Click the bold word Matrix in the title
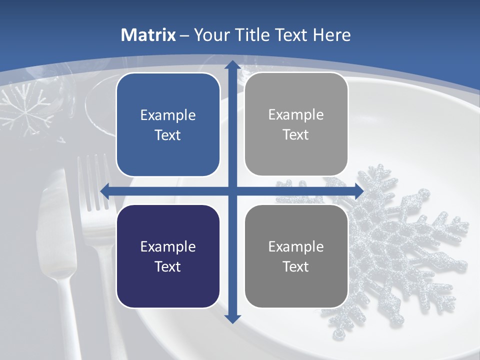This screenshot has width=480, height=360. pos(148,35)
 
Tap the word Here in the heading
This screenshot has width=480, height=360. pos(331,35)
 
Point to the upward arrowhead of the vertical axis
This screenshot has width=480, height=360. pos(232,65)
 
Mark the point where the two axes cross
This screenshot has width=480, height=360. pos(232,190)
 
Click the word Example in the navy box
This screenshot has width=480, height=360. pos(168,246)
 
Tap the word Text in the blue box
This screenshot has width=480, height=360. pos(168,135)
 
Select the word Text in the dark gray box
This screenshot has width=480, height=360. pos(296,266)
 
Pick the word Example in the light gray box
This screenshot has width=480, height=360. pos(296,114)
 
